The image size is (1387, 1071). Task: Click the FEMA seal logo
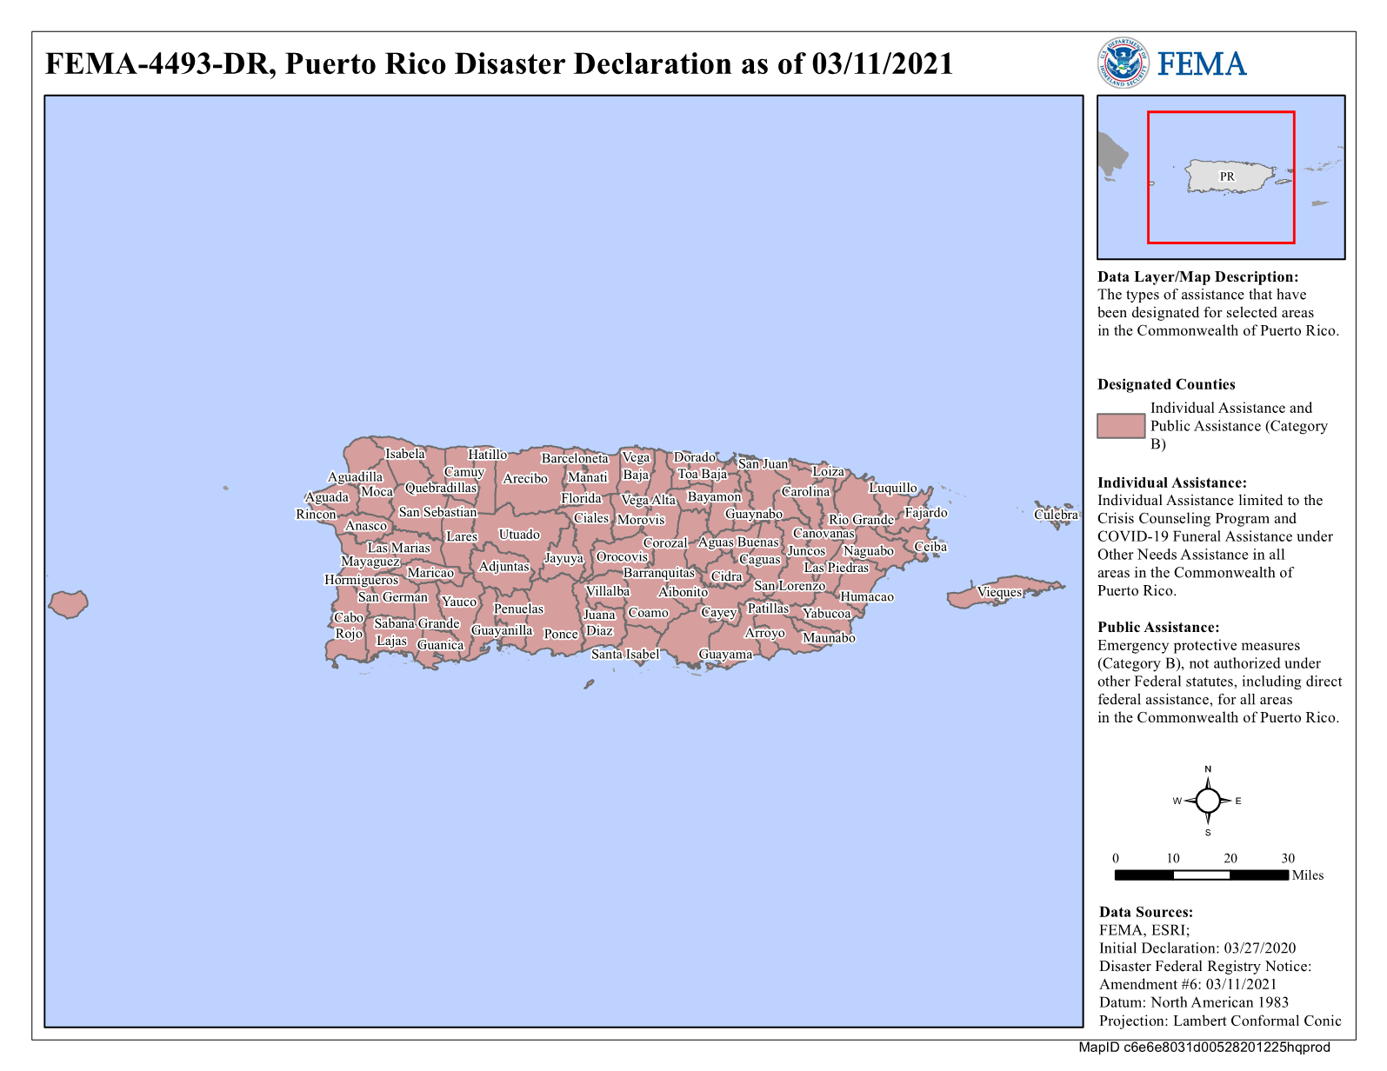tap(1123, 63)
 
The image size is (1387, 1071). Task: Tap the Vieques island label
tap(999, 592)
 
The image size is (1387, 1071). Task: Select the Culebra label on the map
tap(1056, 515)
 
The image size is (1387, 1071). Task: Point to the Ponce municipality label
tap(561, 634)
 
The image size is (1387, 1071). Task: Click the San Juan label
tap(763, 463)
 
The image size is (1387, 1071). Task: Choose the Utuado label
tap(519, 535)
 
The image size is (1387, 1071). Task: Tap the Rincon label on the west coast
tap(316, 515)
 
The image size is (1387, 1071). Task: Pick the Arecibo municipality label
tap(525, 478)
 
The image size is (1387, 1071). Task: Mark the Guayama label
tap(725, 654)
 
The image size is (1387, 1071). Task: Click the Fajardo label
tap(926, 513)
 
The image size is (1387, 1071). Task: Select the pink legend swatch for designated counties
tap(1121, 426)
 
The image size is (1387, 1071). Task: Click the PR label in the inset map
tap(1227, 176)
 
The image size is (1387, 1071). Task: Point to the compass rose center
tap(1208, 801)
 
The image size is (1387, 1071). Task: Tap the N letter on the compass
tap(1208, 769)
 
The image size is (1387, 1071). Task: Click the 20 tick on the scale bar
tap(1230, 858)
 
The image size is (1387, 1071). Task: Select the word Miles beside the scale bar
tap(1308, 875)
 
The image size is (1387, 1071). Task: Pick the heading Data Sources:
tap(1146, 912)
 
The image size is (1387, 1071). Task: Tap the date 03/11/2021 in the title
tap(883, 63)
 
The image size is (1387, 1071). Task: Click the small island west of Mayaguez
tap(68, 602)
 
